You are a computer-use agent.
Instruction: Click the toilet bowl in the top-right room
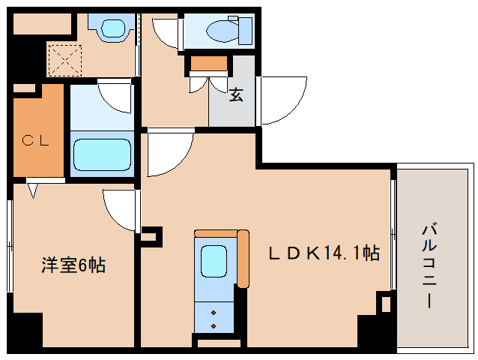pyautogui.click(x=222, y=31)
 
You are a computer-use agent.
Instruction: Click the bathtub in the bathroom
pyautogui.click(x=102, y=153)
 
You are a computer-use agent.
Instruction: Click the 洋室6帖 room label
pyautogui.click(x=73, y=265)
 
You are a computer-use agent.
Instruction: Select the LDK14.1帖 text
pyautogui.click(x=324, y=253)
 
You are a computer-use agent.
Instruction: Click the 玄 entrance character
pyautogui.click(x=235, y=95)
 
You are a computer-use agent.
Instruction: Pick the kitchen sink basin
pyautogui.click(x=213, y=262)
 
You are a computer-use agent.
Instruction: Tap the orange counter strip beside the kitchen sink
pyautogui.click(x=243, y=259)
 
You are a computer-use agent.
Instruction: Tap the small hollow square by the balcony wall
pyautogui.click(x=384, y=304)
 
